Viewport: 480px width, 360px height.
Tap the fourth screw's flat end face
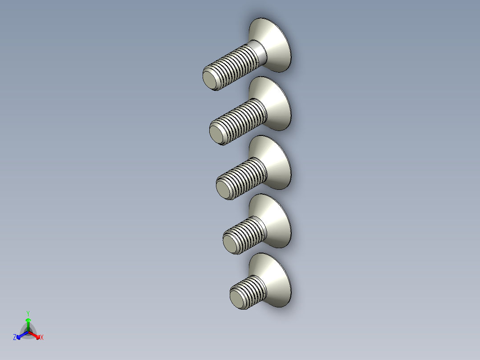229,245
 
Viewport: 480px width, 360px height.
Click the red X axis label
41,338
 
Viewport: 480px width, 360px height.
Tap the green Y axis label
28,313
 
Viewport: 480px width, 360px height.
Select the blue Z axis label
15,338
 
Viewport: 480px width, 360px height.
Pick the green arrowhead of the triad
28,320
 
